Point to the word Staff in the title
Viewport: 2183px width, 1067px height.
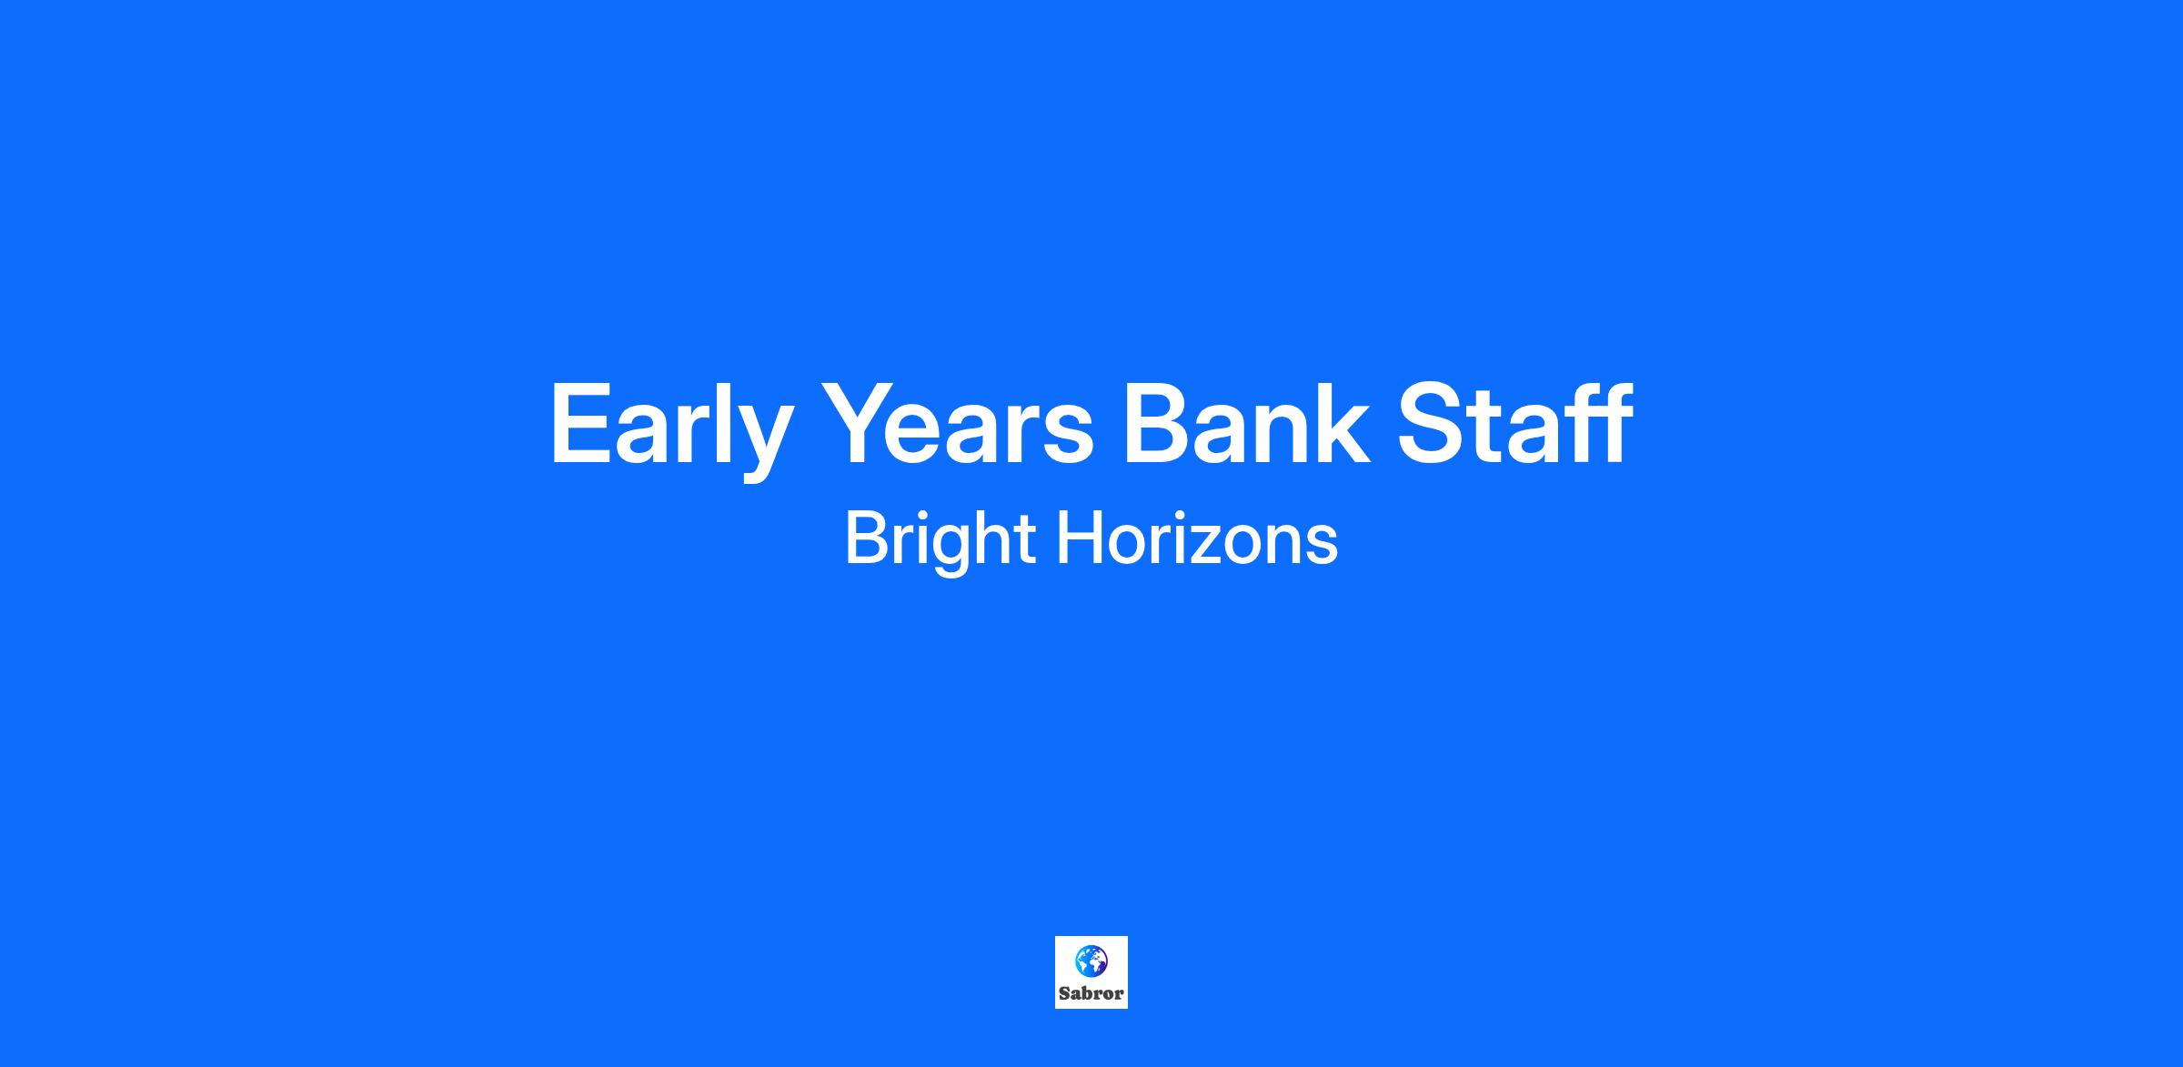tap(1515, 423)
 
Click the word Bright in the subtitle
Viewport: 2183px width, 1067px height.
tap(941, 542)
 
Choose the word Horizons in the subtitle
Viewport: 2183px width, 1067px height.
tap(1197, 539)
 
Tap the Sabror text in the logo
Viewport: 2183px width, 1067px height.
tap(1091, 993)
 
